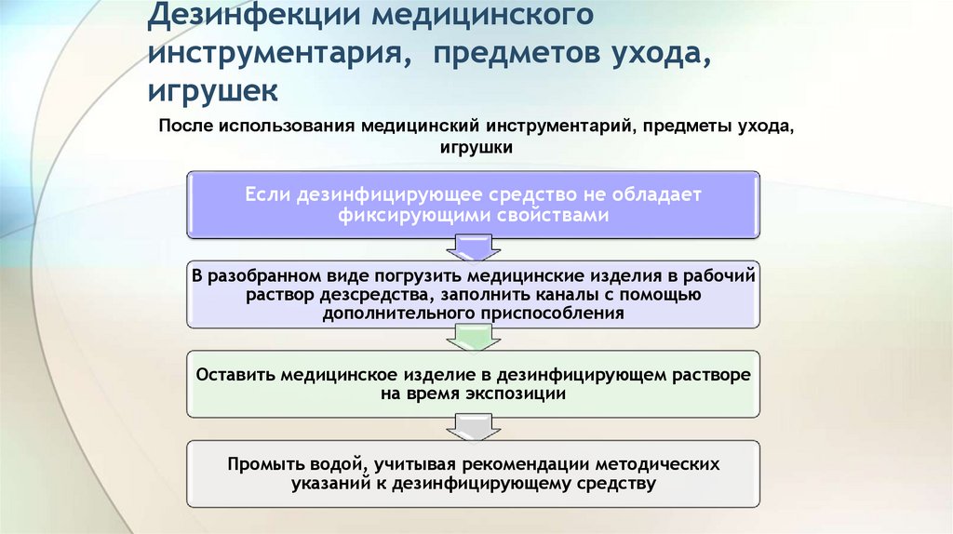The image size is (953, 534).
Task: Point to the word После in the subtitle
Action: (x=184, y=127)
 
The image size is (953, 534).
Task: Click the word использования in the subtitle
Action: (x=280, y=127)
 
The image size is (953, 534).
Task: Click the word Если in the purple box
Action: (x=267, y=194)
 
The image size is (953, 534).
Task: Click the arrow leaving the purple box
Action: (x=475, y=247)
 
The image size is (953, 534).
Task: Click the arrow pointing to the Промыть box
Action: (x=475, y=427)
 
